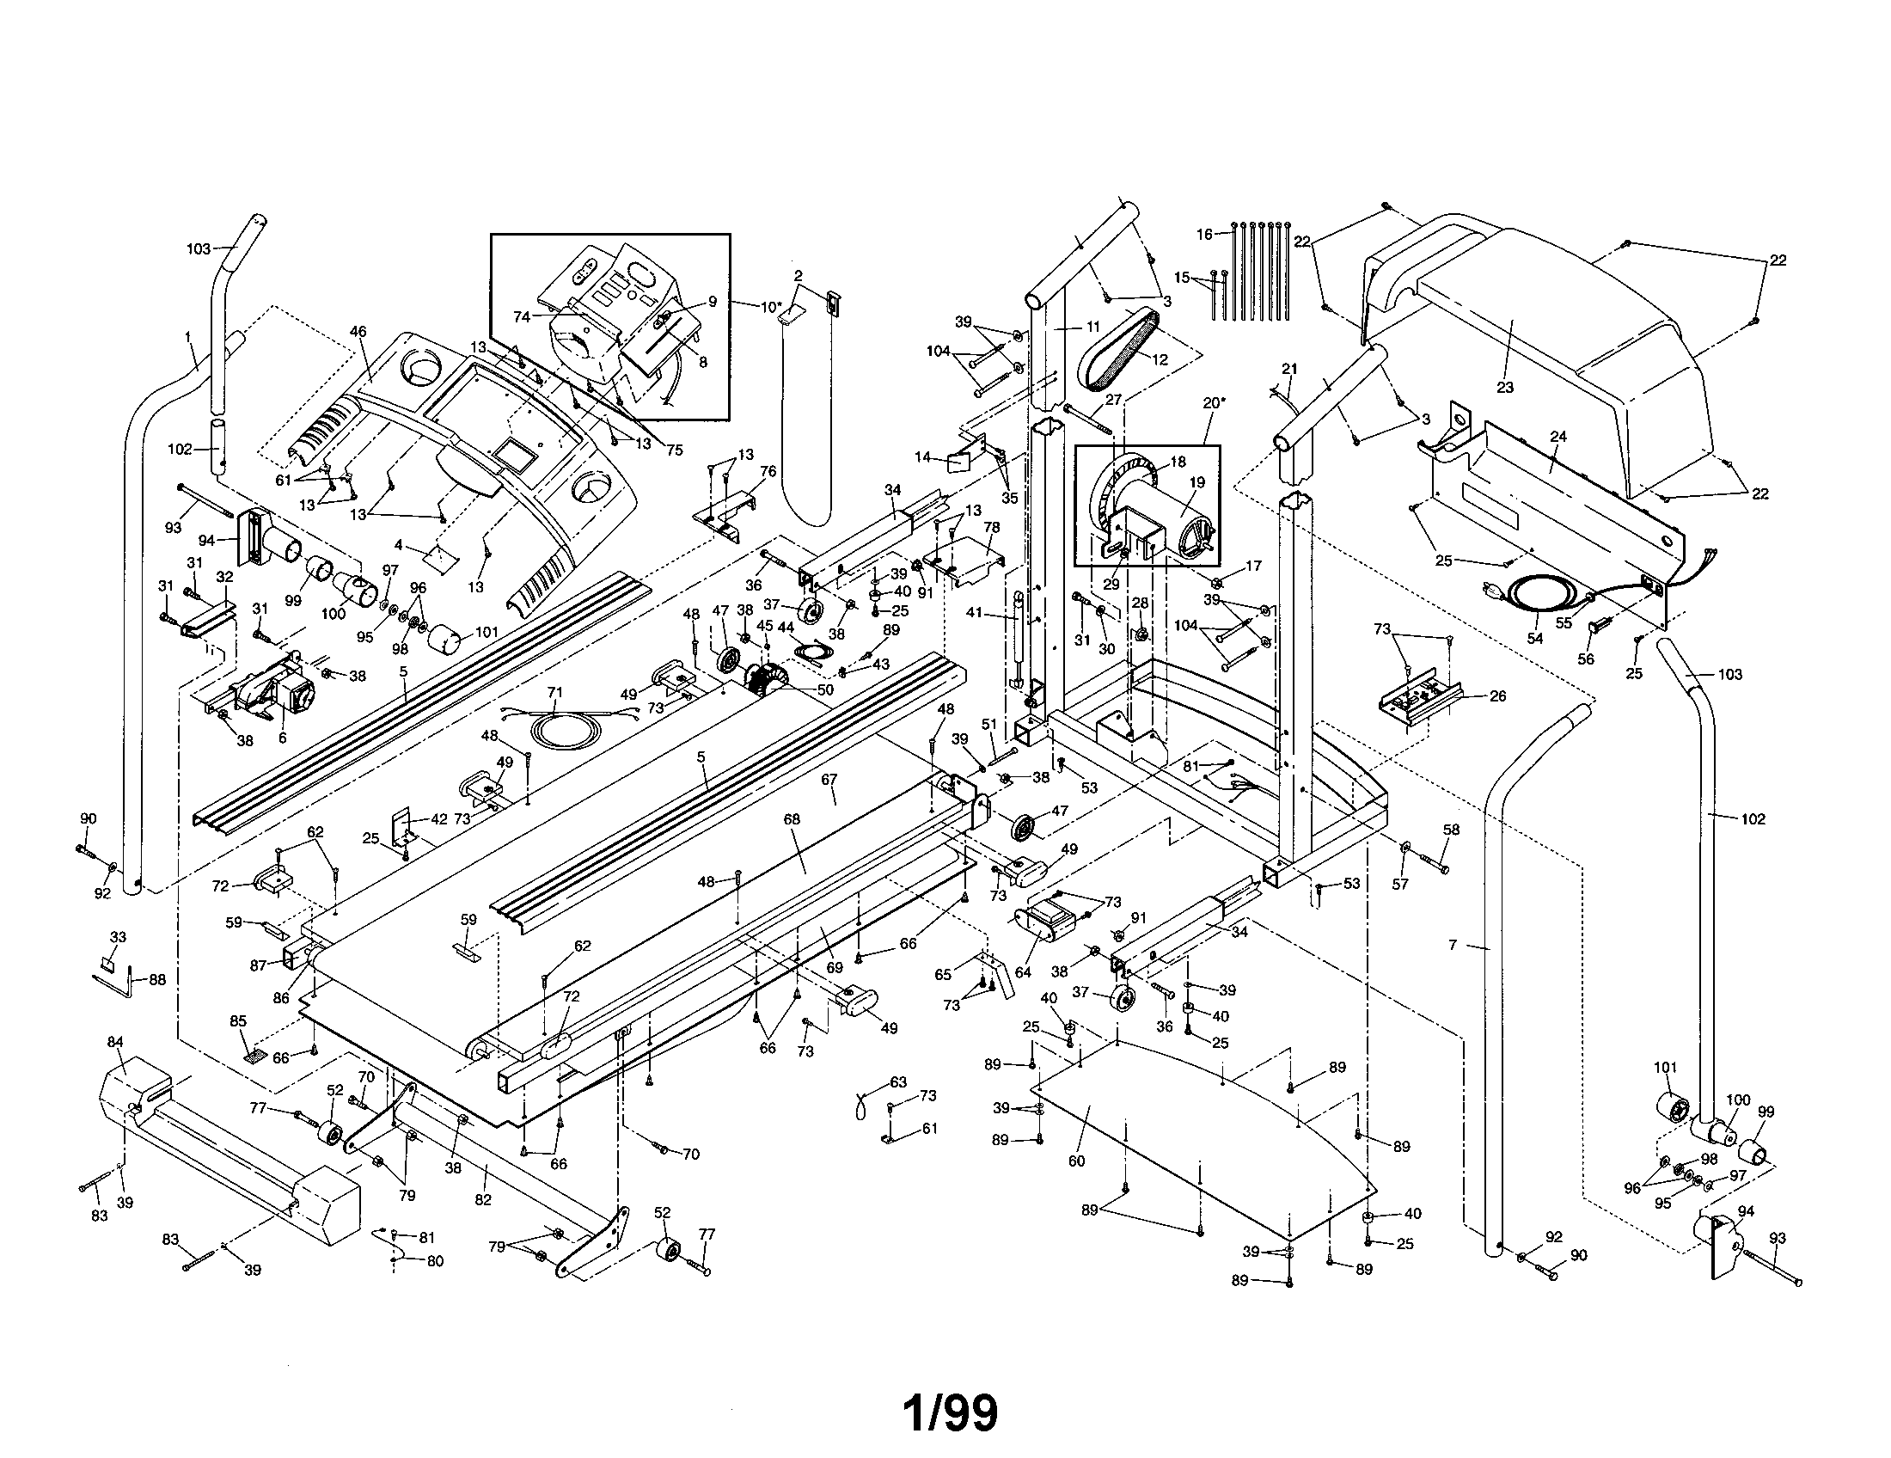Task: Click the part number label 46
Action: pyautogui.click(x=358, y=331)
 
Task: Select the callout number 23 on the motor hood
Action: pyautogui.click(x=1505, y=387)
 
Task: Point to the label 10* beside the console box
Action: pyautogui.click(x=771, y=306)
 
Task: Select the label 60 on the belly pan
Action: pyautogui.click(x=1076, y=1161)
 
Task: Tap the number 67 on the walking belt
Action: pyautogui.click(x=829, y=779)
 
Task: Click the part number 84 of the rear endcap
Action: pyautogui.click(x=115, y=1042)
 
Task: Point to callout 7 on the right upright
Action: pyautogui.click(x=1453, y=946)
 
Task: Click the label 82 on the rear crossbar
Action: pyautogui.click(x=482, y=1199)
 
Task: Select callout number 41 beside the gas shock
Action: pyautogui.click(x=975, y=613)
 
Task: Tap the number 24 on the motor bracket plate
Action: pyautogui.click(x=1558, y=438)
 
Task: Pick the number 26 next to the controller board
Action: pyautogui.click(x=1498, y=695)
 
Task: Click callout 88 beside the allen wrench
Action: pyautogui.click(x=156, y=980)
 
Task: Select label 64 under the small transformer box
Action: pyautogui.click(x=1024, y=972)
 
